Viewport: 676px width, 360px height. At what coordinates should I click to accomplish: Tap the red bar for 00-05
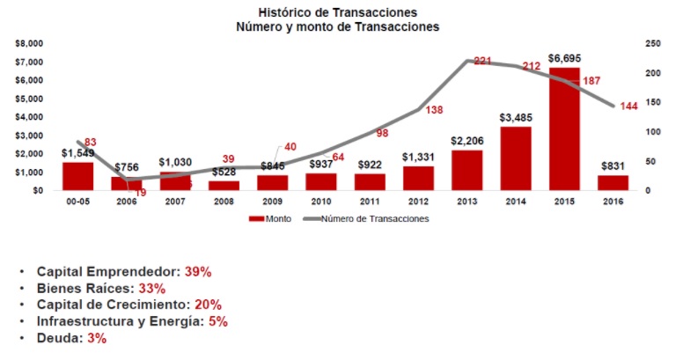tap(77, 176)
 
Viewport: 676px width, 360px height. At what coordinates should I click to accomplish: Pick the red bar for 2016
tap(613, 182)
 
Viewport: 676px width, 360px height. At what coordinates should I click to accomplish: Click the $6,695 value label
tap(564, 58)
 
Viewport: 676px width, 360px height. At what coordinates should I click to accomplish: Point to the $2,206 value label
tap(467, 141)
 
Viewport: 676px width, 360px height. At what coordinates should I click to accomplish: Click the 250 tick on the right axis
tap(652, 43)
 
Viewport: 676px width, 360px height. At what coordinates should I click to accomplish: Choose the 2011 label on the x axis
tap(371, 202)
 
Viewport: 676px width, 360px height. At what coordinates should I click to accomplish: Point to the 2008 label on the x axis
tap(224, 202)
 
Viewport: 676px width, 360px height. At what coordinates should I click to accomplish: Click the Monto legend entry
tap(275, 219)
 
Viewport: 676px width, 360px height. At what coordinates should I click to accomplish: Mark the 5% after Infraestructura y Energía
tap(218, 321)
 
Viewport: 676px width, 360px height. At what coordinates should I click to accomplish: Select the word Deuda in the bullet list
tap(56, 338)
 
